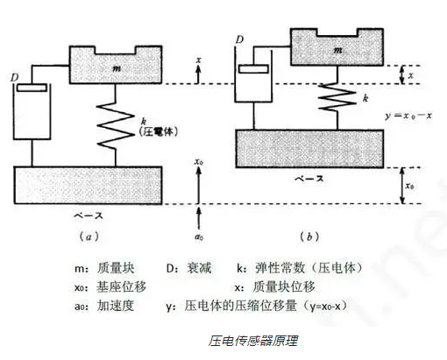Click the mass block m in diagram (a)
pyautogui.click(x=116, y=67)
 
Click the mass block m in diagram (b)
pyautogui.click(x=337, y=50)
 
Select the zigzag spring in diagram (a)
pyautogui.click(x=116, y=124)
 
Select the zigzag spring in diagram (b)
pyautogui.click(x=337, y=97)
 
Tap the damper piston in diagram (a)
pyautogui.click(x=32, y=88)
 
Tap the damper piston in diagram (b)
pyautogui.click(x=253, y=69)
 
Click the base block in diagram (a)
pyautogui.click(x=88, y=185)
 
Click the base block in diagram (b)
pyautogui.click(x=309, y=149)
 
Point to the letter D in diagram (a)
pyautogui.click(x=15, y=77)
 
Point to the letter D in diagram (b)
pyautogui.click(x=239, y=39)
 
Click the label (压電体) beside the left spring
pyautogui.click(x=159, y=131)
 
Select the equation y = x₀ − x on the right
pyautogui.click(x=408, y=116)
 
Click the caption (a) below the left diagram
pyautogui.click(x=89, y=236)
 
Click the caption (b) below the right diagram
pyautogui.click(x=309, y=236)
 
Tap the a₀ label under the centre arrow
pyautogui.click(x=199, y=236)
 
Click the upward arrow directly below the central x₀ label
pyautogui.click(x=199, y=185)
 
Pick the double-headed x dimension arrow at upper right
pyautogui.click(x=402, y=74)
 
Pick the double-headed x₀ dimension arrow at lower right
pyautogui.click(x=402, y=186)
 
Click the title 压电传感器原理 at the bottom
pyautogui.click(x=253, y=341)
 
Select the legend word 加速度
pyautogui.click(x=116, y=306)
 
